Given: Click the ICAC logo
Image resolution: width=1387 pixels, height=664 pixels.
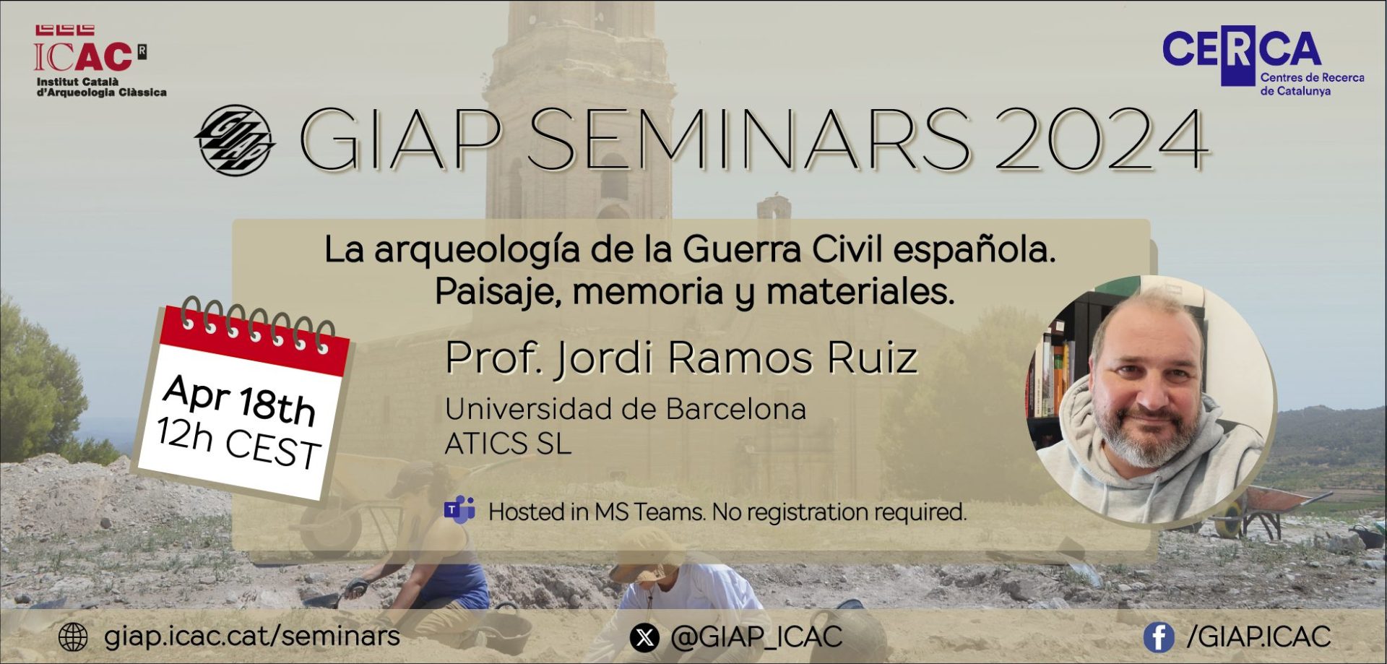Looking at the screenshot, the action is click(x=100, y=61).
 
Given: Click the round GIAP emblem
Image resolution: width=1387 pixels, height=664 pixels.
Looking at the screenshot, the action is click(x=235, y=140).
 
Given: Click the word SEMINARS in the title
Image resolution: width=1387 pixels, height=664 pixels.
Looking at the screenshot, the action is click(x=748, y=139).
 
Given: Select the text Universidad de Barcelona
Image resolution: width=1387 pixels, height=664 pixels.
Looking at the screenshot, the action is click(x=626, y=409).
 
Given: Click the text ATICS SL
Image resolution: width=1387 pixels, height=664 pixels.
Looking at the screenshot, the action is click(x=508, y=444).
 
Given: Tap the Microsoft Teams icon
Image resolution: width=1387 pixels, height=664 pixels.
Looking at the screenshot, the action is click(x=459, y=511).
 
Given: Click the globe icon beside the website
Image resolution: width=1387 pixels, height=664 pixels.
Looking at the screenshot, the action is click(x=72, y=637).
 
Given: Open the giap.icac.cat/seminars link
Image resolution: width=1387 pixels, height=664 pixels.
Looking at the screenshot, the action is click(x=252, y=637).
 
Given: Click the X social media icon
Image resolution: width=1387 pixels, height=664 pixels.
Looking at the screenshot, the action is click(x=644, y=637).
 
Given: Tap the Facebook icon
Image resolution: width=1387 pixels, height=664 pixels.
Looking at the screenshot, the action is click(x=1159, y=637).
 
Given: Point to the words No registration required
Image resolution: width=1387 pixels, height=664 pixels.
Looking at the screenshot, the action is click(x=839, y=512).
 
